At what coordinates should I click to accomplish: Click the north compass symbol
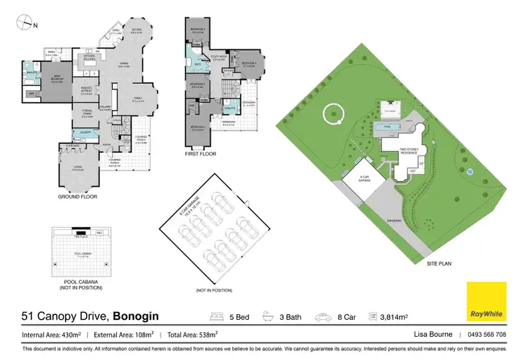click(26, 24)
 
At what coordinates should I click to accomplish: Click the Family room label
click(138, 99)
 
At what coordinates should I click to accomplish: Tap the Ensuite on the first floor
click(229, 109)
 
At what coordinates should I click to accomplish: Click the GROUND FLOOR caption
click(77, 198)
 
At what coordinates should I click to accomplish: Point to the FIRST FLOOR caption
click(201, 154)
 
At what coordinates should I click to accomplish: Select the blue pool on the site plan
click(384, 127)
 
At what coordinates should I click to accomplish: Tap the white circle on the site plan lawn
click(332, 113)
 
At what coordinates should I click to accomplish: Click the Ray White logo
click(486, 302)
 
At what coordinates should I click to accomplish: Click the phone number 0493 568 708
click(486, 335)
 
